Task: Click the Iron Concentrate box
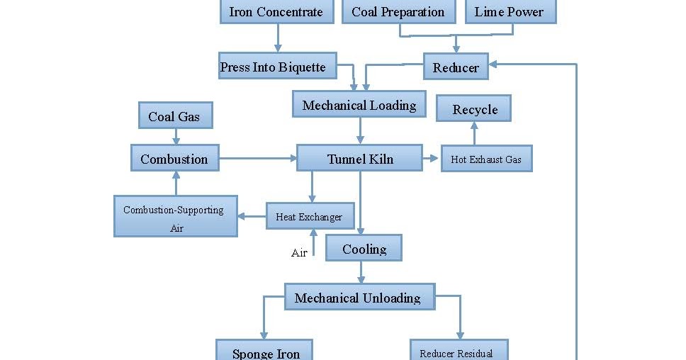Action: [276, 12]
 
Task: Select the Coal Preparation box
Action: [398, 12]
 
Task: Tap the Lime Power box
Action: [510, 12]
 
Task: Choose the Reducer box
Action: [456, 67]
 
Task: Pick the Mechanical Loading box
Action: [359, 105]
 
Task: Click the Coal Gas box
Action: [174, 116]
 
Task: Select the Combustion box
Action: [174, 158]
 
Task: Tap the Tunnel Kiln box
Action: [360, 158]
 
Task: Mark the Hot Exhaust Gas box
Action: [486, 159]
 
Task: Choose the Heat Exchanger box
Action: [309, 216]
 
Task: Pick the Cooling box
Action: [364, 249]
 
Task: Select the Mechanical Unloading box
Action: [359, 297]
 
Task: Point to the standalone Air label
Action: [299, 252]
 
